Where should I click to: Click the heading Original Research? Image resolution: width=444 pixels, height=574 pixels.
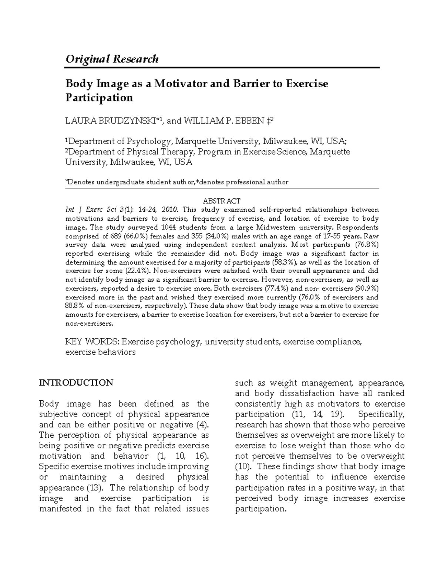tap(112, 59)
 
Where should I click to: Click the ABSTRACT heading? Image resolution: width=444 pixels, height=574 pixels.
tap(222, 201)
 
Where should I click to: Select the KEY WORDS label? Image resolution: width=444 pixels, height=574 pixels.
tap(92, 342)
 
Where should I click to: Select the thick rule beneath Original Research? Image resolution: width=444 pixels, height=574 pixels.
tap(222, 68)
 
